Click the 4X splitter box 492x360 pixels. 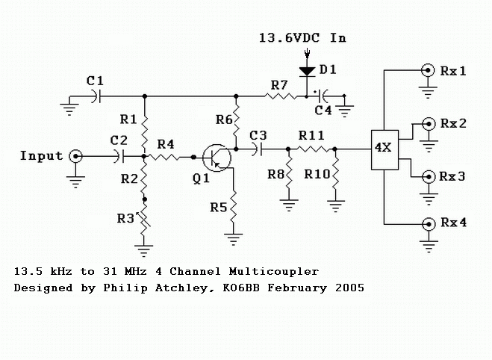point(383,149)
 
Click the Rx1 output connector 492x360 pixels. point(429,71)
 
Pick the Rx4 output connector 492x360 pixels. point(429,223)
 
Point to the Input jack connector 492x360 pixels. point(75,156)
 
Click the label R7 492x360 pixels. point(278,86)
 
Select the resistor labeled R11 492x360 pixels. point(311,149)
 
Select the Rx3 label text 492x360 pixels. point(454,177)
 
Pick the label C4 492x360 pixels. point(324,111)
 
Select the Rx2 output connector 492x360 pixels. point(429,123)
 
